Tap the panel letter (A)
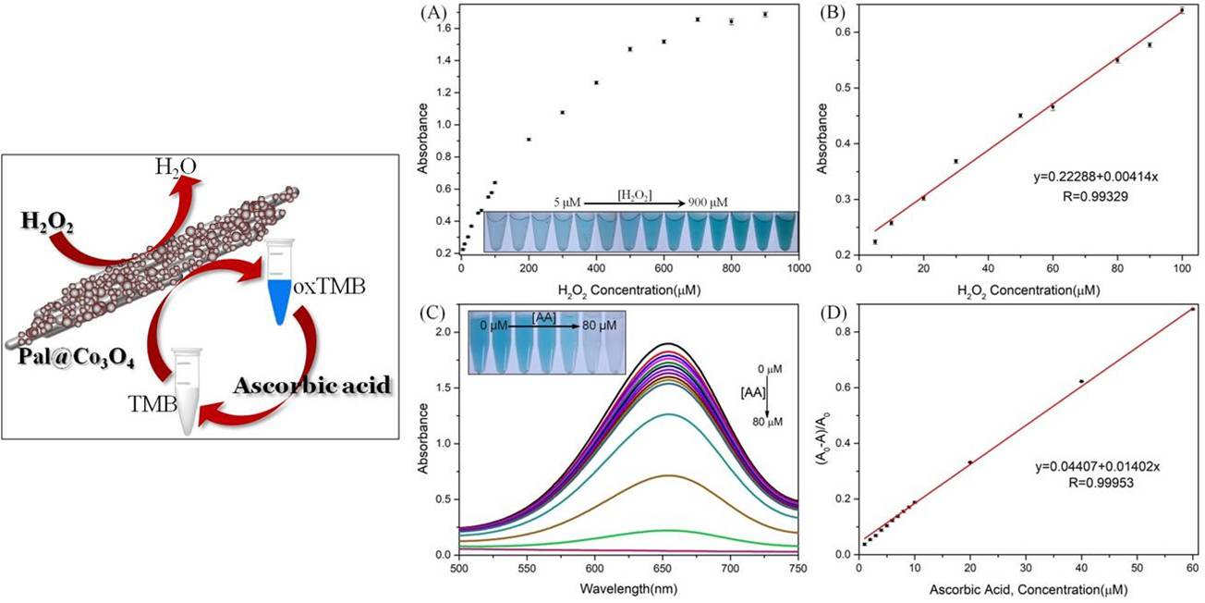pos(430,12)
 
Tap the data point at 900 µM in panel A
pos(765,14)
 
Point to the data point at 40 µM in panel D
pos(1081,381)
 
